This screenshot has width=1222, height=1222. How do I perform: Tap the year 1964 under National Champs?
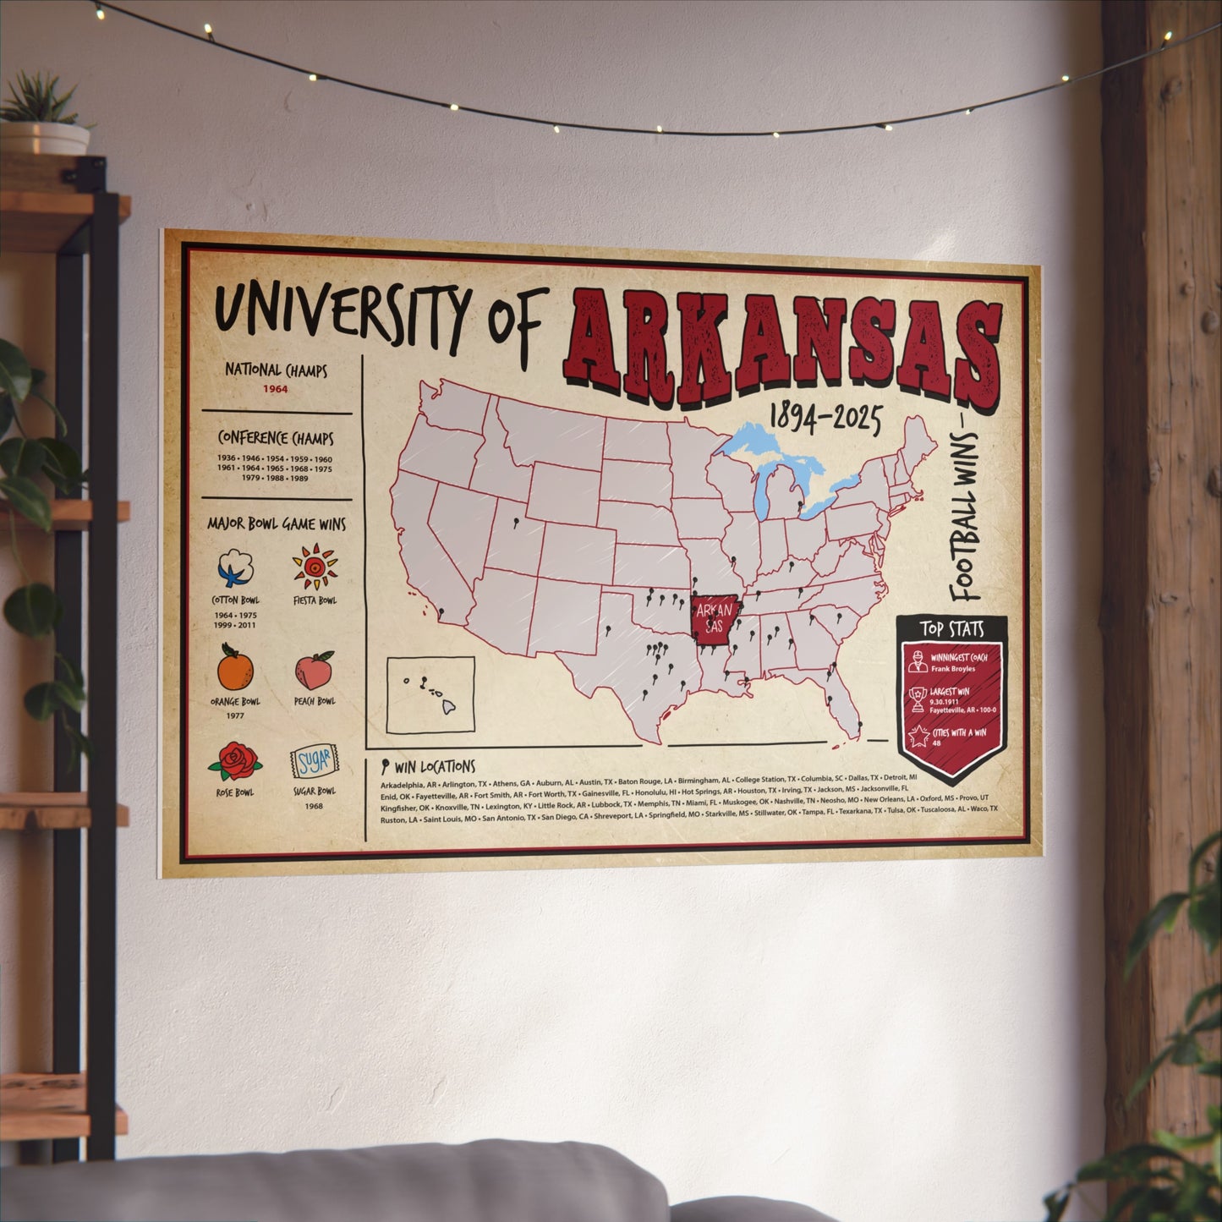click(275, 390)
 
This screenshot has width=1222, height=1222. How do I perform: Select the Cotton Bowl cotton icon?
click(236, 567)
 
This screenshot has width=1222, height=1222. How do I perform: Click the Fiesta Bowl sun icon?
click(315, 567)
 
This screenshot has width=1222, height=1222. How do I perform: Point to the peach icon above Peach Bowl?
click(315, 670)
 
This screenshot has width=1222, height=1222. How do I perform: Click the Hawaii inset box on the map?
click(430, 694)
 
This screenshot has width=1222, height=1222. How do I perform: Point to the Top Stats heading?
click(952, 629)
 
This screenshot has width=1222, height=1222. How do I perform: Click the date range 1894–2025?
click(825, 417)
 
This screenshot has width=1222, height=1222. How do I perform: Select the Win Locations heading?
click(434, 767)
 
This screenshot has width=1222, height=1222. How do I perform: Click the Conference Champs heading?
click(276, 438)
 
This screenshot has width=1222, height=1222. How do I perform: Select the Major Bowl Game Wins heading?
click(277, 524)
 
